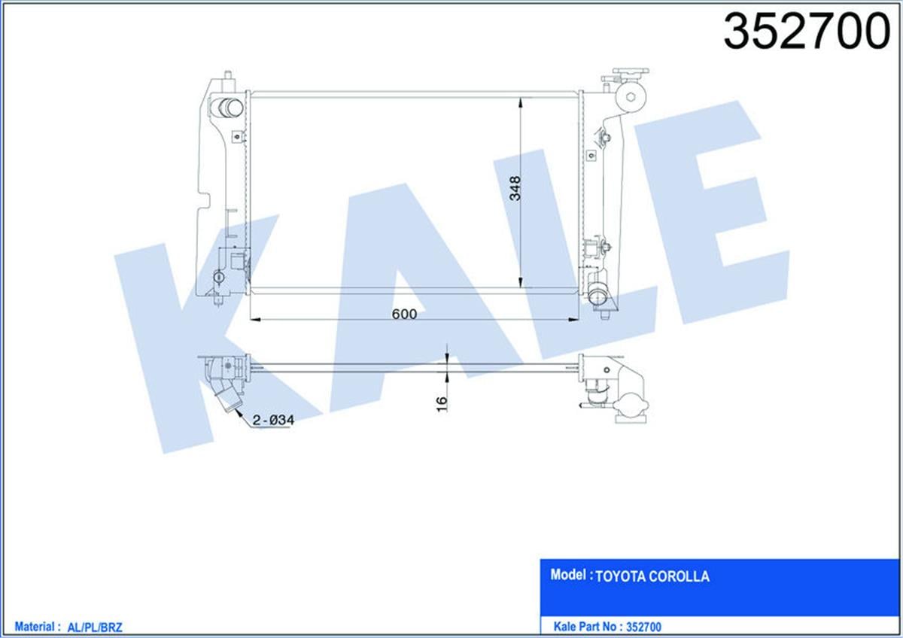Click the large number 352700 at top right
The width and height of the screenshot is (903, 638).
coord(806,32)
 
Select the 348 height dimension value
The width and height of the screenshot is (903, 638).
coord(515,188)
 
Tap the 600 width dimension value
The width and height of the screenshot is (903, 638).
coord(404,314)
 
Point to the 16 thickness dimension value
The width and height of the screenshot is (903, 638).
coord(442,403)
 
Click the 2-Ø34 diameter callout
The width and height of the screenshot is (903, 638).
coord(272,421)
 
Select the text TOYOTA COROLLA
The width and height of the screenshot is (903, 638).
coord(652,577)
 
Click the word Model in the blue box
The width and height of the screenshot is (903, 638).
coord(569,576)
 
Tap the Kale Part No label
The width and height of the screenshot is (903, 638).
coord(585,625)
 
